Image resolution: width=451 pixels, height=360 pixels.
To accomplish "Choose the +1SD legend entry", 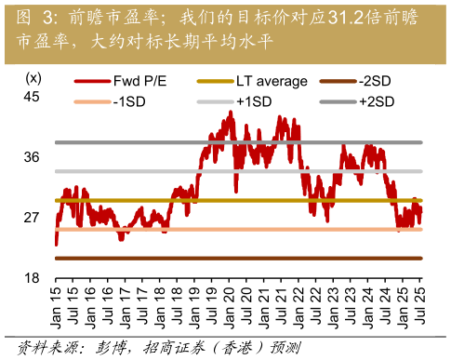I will (254, 100).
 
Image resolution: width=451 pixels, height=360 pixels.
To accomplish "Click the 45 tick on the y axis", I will (32, 96).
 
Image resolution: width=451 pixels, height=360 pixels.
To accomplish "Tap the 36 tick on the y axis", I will (32, 156).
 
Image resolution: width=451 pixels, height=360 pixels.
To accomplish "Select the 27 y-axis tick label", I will (32, 217).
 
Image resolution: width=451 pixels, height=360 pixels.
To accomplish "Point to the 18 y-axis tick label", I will (32, 277).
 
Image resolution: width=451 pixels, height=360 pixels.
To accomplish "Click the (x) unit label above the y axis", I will (33, 77).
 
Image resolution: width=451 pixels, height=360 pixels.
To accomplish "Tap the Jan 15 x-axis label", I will (57, 306).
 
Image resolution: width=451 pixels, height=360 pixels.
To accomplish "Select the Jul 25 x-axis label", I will (419, 306).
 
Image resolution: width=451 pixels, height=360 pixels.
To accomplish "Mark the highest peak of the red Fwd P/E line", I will (230, 112).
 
